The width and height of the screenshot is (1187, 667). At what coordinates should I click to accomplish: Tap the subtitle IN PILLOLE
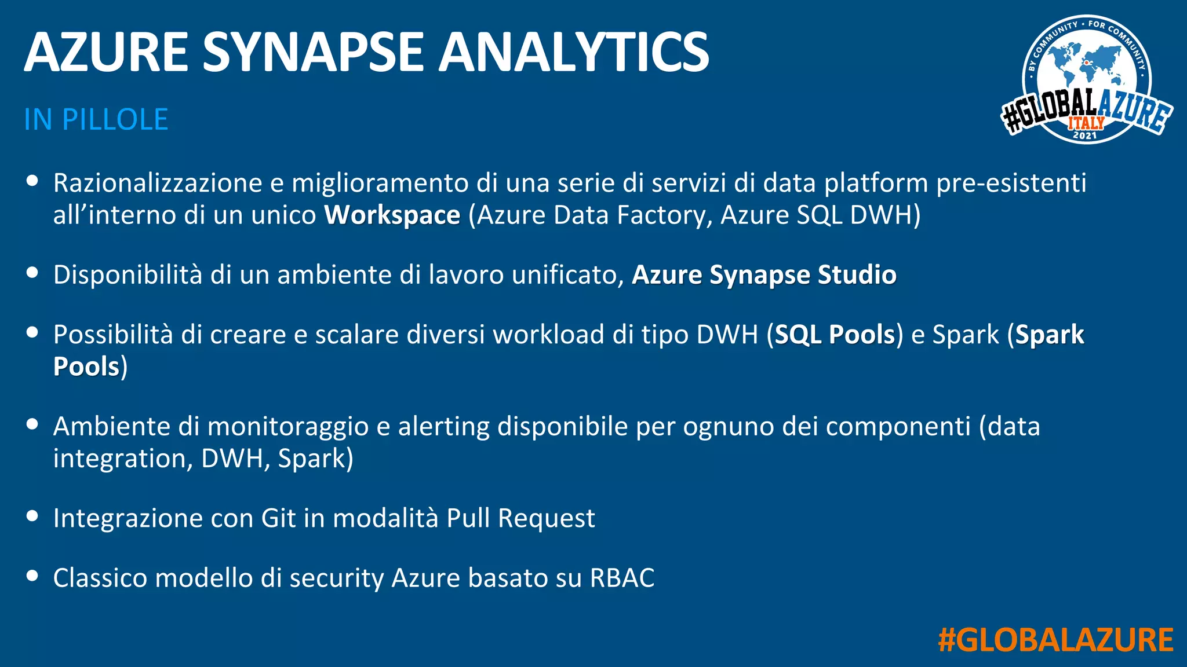[96, 120]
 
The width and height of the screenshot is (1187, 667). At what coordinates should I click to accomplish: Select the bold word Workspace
[392, 215]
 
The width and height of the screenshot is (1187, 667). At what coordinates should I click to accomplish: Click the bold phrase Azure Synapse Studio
[764, 275]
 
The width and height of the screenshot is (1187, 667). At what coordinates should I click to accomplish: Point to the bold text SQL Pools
[835, 335]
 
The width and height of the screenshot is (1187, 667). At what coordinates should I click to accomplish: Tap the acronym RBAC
[622, 578]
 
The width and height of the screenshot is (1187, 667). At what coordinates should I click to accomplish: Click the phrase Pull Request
[520, 518]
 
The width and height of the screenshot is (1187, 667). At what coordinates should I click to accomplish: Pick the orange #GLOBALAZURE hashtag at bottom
[1055, 640]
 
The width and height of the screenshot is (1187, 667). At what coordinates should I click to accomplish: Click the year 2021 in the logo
[1085, 135]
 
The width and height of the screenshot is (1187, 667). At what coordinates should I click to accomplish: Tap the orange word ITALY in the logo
[1086, 123]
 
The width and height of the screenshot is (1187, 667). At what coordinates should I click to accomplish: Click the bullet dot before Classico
[32, 576]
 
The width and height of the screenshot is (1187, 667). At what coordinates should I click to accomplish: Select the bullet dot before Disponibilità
[32, 273]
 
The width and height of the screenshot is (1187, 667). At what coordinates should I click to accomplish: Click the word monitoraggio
[287, 427]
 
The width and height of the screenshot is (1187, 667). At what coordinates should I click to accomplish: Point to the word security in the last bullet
[337, 578]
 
